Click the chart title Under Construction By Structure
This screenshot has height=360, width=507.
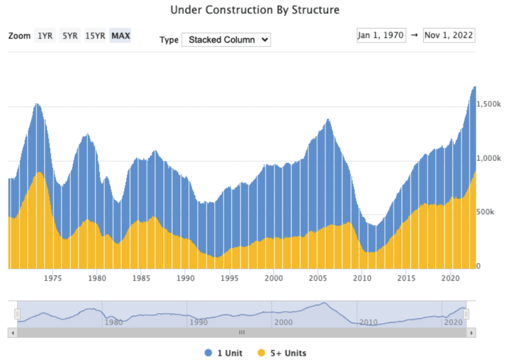pyautogui.click(x=255, y=10)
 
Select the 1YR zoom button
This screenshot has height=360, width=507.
pyautogui.click(x=45, y=35)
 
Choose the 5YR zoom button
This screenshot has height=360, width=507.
pyautogui.click(x=69, y=35)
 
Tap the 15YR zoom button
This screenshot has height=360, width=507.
pyautogui.click(x=95, y=35)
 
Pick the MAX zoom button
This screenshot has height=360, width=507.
pyautogui.click(x=120, y=35)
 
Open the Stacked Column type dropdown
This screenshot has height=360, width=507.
pyautogui.click(x=226, y=39)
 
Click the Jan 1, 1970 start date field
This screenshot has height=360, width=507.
pyautogui.click(x=381, y=35)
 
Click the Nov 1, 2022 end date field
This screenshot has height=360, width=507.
pyautogui.click(x=449, y=35)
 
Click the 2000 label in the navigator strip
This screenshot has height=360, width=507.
pyautogui.click(x=283, y=322)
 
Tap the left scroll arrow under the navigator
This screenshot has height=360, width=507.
pyautogui.click(x=12, y=332)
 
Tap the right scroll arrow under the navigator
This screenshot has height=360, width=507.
pyautogui.click(x=471, y=332)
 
